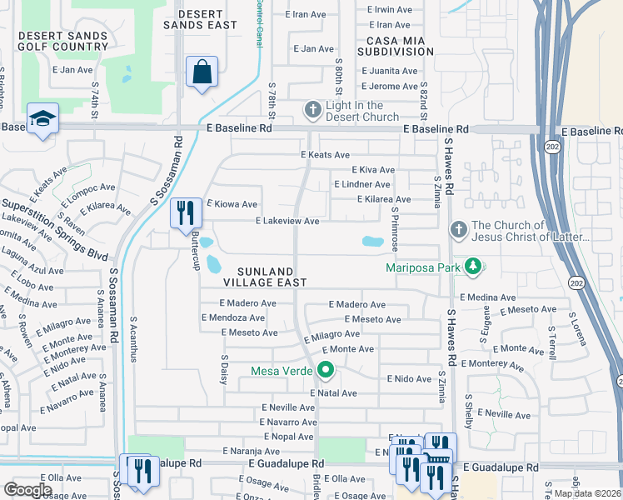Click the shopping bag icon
coord(202,72)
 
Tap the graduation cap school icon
coord(42,119)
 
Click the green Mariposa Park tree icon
coord(473,267)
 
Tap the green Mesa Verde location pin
coord(326,370)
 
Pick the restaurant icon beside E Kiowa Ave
coord(186,212)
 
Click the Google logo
coord(28,490)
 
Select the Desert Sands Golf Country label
coord(62,41)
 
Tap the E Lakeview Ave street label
coord(287,222)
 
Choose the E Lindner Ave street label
coord(361,184)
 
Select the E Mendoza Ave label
coord(234,317)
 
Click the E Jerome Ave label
coord(389,86)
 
